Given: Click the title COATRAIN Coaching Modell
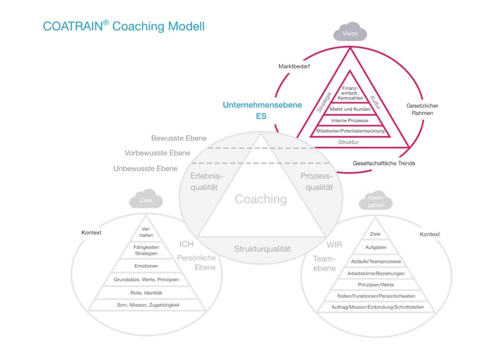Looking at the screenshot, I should (123, 26).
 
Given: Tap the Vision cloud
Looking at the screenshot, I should (350, 34).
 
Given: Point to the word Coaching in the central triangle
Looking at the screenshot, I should (260, 199).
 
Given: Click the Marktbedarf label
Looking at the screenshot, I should (294, 66).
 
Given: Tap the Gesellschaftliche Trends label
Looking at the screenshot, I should (384, 163).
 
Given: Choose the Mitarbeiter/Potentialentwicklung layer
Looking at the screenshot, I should (350, 131).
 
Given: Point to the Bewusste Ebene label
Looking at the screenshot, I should (179, 138).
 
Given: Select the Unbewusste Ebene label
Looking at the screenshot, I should (145, 169).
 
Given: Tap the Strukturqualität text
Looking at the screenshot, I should (262, 249).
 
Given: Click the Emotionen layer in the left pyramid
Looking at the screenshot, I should (146, 266).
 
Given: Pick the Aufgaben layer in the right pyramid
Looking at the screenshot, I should (375, 248).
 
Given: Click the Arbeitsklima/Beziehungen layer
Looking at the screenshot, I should (376, 273).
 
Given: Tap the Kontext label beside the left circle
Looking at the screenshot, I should (91, 233).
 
